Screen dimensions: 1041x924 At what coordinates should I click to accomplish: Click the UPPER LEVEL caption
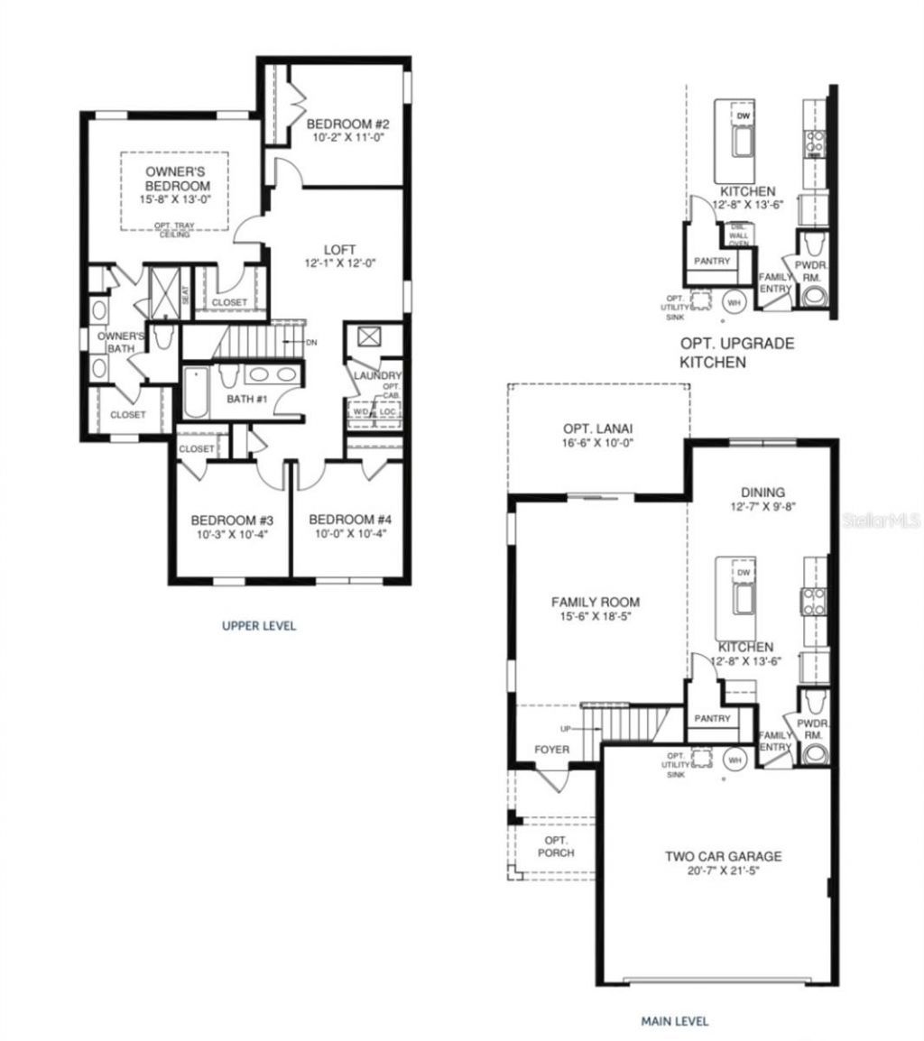coord(259,625)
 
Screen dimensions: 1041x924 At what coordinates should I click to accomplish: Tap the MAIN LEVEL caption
coord(674,1021)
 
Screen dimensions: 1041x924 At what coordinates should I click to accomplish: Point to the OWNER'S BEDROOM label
coord(177,178)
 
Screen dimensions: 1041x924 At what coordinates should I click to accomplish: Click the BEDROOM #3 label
coord(232,520)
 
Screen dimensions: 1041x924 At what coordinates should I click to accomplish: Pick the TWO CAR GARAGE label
coord(723,857)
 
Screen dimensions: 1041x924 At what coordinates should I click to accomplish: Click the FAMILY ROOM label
coord(596,602)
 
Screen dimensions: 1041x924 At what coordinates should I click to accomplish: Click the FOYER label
coord(551,750)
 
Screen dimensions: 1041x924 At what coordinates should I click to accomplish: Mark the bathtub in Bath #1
coord(195,393)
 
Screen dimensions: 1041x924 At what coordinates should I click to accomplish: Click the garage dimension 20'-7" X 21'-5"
coord(723,872)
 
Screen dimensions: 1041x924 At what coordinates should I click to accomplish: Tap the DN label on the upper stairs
coord(310,343)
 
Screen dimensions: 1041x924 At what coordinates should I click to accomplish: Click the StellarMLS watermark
coord(889,521)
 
